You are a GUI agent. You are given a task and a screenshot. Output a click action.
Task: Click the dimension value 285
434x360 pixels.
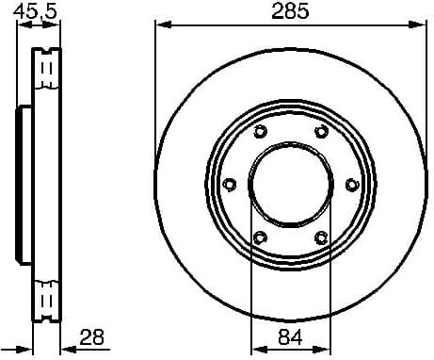[290, 13]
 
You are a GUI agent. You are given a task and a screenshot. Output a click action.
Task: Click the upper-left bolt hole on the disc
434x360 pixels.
[260, 132]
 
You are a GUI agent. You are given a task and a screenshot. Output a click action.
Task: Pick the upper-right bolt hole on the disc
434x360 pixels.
[320, 132]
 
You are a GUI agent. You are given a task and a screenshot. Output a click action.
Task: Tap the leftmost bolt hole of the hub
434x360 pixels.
[229, 184]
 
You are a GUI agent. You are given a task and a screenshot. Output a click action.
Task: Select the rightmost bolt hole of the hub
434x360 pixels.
[351, 184]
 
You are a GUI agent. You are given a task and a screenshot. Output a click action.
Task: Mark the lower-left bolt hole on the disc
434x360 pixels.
[260, 237]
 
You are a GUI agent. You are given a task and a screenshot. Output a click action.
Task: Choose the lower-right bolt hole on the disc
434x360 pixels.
[320, 237]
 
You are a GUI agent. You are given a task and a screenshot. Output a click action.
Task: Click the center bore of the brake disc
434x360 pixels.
[290, 184]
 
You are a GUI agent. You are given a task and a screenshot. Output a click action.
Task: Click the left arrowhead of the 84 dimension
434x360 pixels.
[255, 347]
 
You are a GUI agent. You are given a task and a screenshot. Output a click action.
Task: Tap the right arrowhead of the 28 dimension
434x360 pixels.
[65, 347]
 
